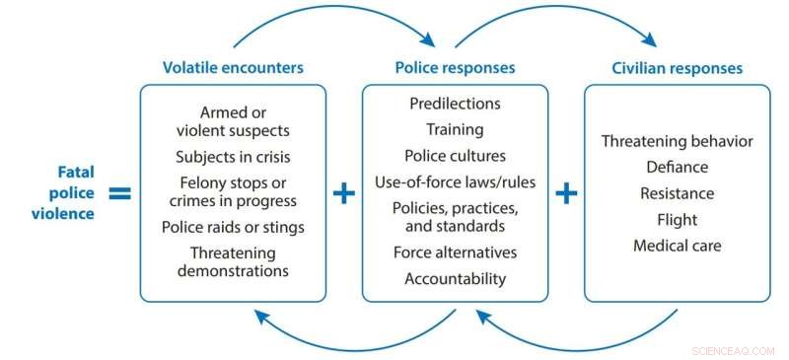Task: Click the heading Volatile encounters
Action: pos(233,68)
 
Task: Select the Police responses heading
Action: pos(455,68)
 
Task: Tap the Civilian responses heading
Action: pos(677,68)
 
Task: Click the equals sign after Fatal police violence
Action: pos(119,192)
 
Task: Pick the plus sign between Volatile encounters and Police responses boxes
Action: pos(343,192)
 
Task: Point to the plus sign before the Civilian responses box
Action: pos(566,192)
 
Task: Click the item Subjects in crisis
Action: pos(233,156)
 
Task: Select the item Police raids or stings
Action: pos(233,228)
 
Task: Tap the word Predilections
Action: pos(455,104)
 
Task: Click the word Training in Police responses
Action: pos(455,129)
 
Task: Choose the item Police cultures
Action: pos(455,155)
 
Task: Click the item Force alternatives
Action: pos(455,252)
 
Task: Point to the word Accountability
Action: pos(455,278)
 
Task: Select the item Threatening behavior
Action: pos(677,141)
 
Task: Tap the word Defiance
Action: pos(677,167)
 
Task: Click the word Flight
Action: pos(677,219)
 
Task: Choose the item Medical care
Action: pos(677,245)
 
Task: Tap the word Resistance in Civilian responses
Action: pos(677,193)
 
